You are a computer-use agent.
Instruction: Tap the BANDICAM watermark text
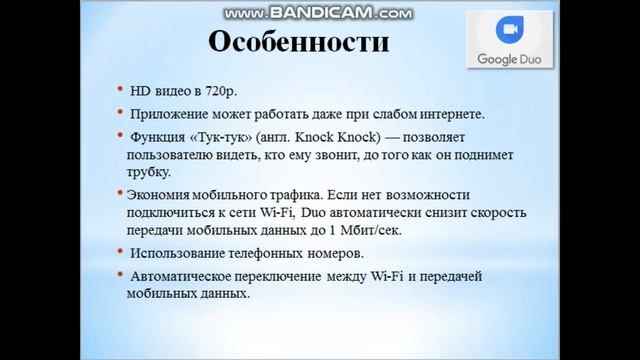tap(318, 13)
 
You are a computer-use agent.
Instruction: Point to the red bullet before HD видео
tap(121, 89)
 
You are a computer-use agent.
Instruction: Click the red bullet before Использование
tap(121, 254)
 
